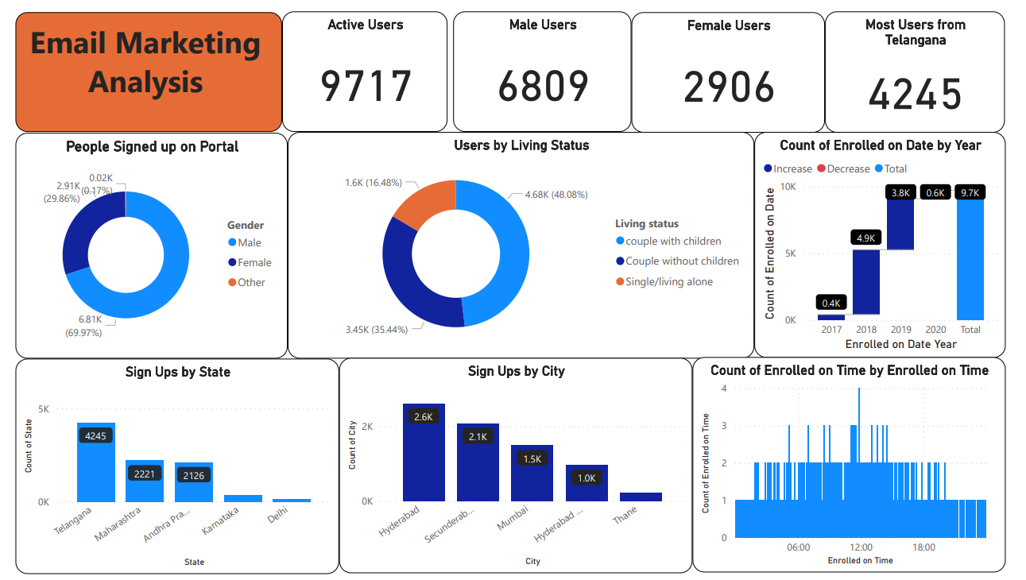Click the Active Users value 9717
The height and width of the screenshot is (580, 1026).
[x=366, y=87]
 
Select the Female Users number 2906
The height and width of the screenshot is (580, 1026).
[x=729, y=87]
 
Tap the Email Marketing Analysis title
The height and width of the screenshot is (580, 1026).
[x=146, y=63]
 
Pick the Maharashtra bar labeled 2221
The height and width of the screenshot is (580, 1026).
[x=145, y=481]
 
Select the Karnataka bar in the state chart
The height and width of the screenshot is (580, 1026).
[x=242, y=498]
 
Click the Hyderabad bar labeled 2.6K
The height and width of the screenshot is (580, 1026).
[x=424, y=453]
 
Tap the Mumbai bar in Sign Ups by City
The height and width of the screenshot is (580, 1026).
[x=532, y=474]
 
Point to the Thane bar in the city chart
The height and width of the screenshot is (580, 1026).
[x=641, y=497]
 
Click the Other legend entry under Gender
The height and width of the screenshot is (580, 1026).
[x=250, y=282]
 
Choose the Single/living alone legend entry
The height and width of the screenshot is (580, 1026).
[x=668, y=281]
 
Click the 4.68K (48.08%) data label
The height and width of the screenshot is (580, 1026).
[x=556, y=194]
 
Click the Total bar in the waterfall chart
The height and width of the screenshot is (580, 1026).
[x=970, y=258]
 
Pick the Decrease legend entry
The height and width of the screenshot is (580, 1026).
[x=848, y=168]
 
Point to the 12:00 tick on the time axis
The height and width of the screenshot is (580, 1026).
[x=861, y=547]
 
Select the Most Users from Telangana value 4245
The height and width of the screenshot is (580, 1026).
[x=915, y=94]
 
